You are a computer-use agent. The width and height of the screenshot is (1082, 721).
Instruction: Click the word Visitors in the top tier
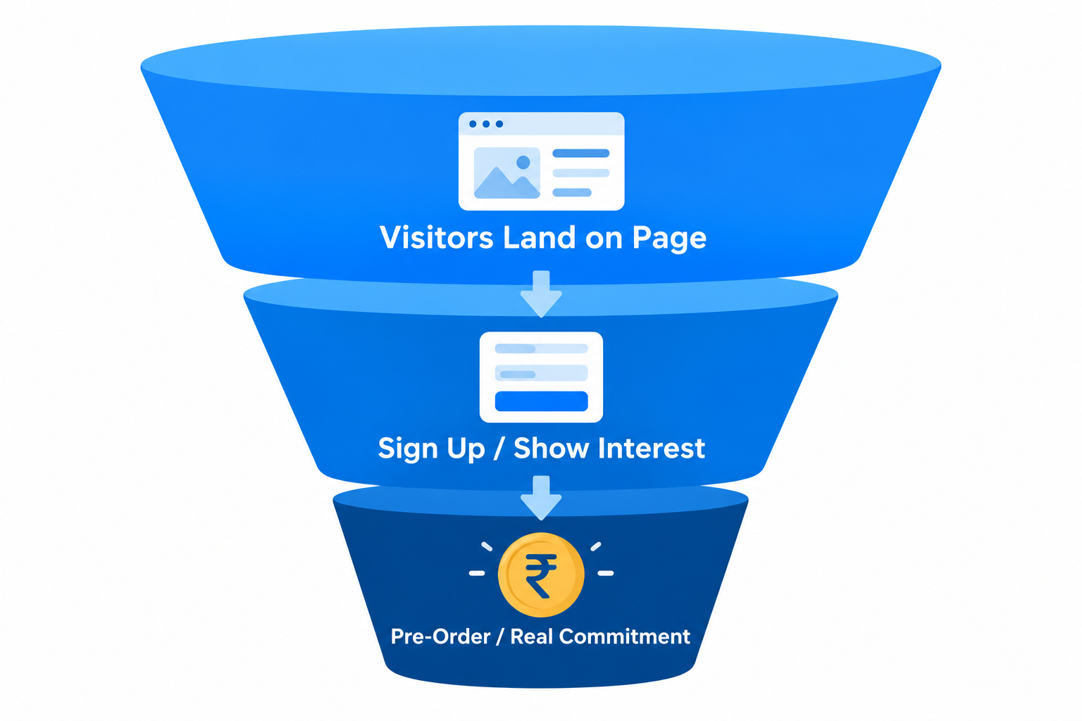point(436,237)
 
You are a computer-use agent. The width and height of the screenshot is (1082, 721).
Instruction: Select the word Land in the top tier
point(539,237)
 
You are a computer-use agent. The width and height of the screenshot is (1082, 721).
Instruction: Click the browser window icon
point(541,161)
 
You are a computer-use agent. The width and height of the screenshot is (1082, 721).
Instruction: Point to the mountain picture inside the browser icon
point(506,173)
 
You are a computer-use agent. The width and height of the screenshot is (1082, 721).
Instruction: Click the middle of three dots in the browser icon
point(486,124)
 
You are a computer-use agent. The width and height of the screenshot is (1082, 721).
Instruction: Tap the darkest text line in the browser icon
point(580,153)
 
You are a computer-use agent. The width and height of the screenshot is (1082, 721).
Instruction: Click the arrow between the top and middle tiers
point(541,293)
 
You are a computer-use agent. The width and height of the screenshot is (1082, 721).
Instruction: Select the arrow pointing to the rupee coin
point(541,497)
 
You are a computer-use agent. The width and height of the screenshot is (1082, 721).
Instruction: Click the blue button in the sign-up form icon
point(541,401)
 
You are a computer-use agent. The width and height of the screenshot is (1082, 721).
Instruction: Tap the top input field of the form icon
point(541,349)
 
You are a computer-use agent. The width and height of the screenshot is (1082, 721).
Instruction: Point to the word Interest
point(651,448)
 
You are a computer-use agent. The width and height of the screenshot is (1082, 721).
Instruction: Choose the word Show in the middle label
point(551,448)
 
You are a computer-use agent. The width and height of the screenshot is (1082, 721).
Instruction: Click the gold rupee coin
point(541,575)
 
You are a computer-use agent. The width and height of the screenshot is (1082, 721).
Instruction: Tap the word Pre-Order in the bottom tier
point(440,637)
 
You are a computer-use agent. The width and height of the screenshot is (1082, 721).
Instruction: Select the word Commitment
point(625,637)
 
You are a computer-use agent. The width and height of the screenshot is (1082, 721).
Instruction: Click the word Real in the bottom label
point(531,637)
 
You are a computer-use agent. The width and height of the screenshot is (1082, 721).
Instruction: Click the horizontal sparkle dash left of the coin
point(477,573)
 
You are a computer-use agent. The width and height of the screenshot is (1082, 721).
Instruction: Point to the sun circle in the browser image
point(523,162)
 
